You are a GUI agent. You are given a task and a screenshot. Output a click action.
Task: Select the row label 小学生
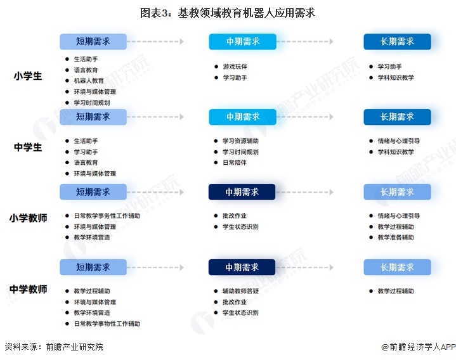(x=28, y=76)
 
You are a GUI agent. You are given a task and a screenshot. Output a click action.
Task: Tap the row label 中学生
(x=28, y=147)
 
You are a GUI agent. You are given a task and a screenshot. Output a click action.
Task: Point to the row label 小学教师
(x=28, y=218)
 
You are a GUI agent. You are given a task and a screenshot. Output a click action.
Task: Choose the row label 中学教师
(x=28, y=289)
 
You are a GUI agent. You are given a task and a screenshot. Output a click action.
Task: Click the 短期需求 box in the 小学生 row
(x=93, y=42)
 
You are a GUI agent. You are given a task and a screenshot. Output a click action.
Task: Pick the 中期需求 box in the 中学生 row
(x=242, y=117)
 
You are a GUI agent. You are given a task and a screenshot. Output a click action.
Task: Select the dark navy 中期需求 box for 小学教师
(x=242, y=192)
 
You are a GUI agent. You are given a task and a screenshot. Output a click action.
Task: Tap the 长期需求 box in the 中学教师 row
(x=397, y=267)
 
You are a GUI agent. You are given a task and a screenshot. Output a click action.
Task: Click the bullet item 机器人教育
(x=89, y=80)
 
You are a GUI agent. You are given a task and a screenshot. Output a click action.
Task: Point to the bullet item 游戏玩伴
(x=235, y=67)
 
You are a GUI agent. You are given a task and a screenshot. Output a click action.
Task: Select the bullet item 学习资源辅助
(x=240, y=141)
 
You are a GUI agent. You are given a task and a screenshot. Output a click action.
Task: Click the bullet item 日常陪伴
(x=235, y=163)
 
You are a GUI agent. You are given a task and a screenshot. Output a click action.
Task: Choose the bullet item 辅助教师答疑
(x=240, y=291)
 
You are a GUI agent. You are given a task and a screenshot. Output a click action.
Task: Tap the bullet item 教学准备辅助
(x=396, y=238)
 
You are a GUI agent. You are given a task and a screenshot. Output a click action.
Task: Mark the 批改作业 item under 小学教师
(x=235, y=216)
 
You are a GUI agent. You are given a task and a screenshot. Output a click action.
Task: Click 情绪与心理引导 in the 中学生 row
(x=399, y=141)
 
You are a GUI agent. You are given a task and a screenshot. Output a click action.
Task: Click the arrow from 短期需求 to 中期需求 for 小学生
(x=155, y=42)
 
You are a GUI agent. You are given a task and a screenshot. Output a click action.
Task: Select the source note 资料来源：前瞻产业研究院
(x=54, y=347)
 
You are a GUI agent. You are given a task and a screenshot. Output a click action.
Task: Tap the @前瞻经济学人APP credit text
(x=419, y=347)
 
